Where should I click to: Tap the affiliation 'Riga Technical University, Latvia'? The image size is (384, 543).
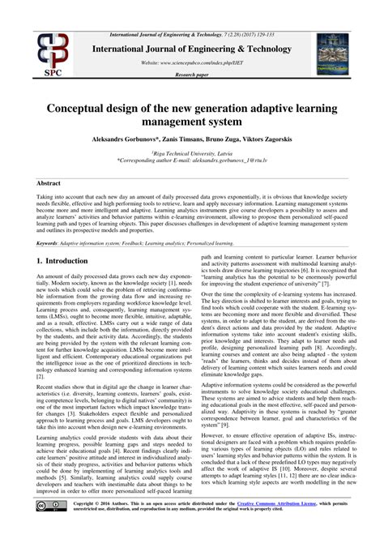(x=192, y=153)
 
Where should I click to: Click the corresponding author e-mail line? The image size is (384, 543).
(x=192, y=160)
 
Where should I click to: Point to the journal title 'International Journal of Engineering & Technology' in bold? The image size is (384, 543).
(x=193, y=49)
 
